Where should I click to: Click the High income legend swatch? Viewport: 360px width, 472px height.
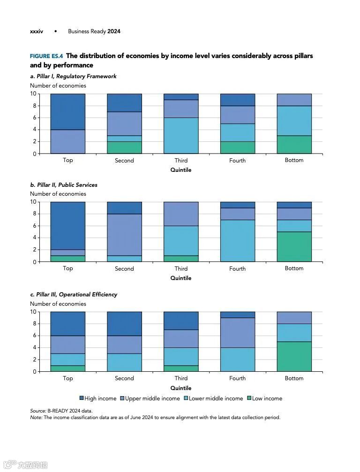[x=82, y=398]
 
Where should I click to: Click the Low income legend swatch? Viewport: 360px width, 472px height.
[x=249, y=398]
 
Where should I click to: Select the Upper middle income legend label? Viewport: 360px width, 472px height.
[x=152, y=398]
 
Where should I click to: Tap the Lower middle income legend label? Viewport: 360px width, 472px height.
[x=216, y=398]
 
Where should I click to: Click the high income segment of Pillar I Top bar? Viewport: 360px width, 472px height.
[x=68, y=111]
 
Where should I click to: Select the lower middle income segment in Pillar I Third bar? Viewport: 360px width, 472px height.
[x=181, y=135]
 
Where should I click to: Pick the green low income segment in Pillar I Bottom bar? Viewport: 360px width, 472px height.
[x=294, y=144]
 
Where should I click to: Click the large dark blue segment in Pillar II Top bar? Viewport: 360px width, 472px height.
[x=68, y=226]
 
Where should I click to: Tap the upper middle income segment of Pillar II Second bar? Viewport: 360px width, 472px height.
[x=124, y=235]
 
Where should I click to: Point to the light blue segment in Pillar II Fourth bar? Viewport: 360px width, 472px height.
[x=238, y=241]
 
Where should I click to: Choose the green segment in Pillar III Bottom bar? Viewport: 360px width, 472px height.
[x=294, y=356]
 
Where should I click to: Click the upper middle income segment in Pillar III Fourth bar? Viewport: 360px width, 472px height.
[x=238, y=332]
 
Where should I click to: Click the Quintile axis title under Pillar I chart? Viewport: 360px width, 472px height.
[x=181, y=170]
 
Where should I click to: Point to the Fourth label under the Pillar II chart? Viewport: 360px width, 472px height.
[x=238, y=269]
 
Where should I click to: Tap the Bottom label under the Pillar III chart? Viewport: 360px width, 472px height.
[x=294, y=378]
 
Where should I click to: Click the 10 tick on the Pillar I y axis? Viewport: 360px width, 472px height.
[x=33, y=94]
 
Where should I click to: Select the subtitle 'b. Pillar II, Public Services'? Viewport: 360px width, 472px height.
[x=64, y=185]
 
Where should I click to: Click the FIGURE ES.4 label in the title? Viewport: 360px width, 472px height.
[x=46, y=56]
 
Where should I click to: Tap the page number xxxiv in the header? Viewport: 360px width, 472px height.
[x=37, y=31]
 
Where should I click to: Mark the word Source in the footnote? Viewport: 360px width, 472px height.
[x=37, y=411]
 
